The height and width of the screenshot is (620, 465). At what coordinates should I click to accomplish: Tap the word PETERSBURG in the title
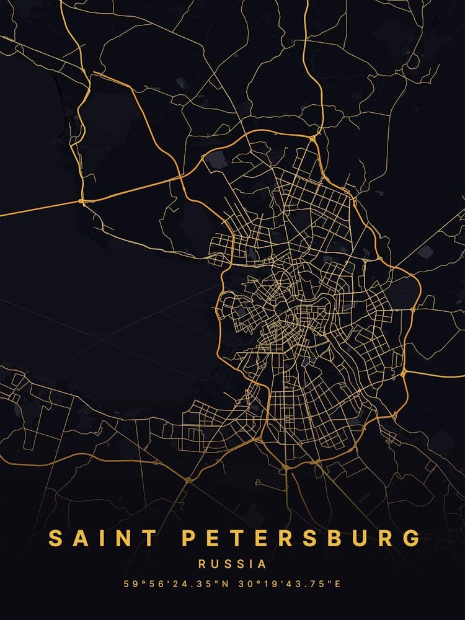click(301, 538)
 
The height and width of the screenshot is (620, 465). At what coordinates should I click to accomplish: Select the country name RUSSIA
click(232, 564)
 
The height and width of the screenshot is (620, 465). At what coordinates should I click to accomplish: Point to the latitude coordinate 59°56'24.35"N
click(177, 584)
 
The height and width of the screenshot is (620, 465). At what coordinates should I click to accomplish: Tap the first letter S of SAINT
click(56, 538)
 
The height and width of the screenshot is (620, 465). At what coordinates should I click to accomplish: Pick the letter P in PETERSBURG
click(189, 538)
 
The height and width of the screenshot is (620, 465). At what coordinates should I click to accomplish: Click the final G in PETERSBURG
click(412, 538)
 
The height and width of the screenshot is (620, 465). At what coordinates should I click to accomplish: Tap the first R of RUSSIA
click(202, 564)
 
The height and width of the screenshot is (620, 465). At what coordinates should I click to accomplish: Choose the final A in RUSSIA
click(263, 564)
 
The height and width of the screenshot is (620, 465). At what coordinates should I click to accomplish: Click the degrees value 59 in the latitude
click(129, 584)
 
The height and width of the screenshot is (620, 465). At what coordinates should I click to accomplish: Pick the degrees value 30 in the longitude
click(244, 584)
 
